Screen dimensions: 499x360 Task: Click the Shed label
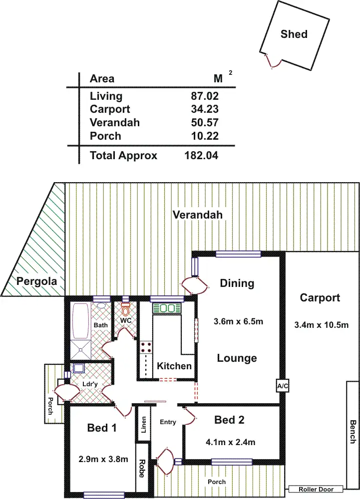294,34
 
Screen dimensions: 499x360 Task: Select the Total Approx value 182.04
202,156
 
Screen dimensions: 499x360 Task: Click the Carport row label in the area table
110,109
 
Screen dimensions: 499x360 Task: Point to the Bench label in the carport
353,432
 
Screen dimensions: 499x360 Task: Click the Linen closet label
143,425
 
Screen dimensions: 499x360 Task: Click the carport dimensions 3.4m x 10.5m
320,325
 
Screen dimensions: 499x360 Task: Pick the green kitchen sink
167,308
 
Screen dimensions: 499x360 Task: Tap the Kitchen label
174,366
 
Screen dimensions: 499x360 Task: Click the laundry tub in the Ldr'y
78,369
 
